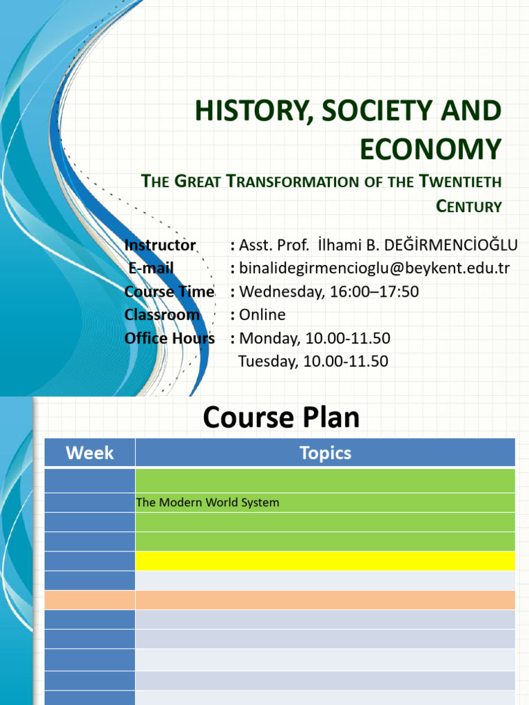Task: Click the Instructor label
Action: click(160, 245)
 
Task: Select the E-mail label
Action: click(150, 268)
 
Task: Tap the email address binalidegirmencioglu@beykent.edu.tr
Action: click(374, 268)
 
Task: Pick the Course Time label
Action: click(169, 291)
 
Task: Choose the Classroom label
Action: click(162, 315)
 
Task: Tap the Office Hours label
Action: click(169, 338)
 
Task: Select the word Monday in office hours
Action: click(265, 338)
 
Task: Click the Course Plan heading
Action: click(281, 417)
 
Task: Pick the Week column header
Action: click(90, 452)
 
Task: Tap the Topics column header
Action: click(325, 452)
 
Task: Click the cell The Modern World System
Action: click(207, 503)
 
